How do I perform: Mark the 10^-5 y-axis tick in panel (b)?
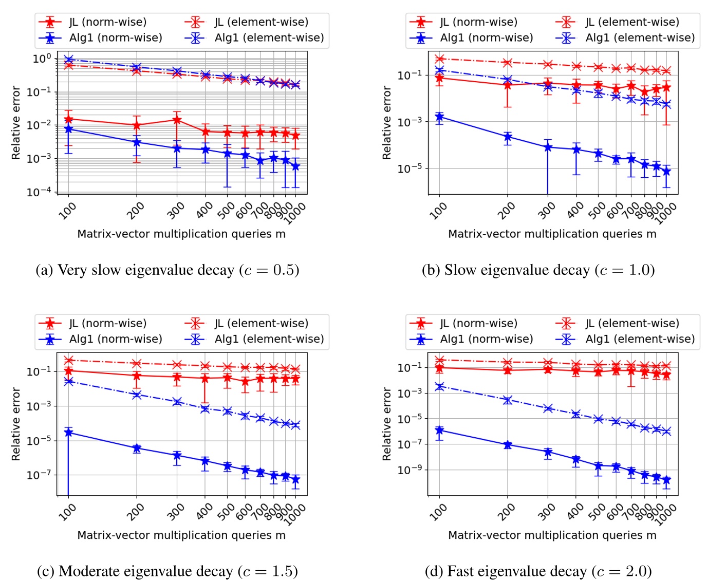tap(410, 169)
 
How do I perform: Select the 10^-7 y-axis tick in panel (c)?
tap(39, 475)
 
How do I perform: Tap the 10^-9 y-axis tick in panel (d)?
tap(410, 470)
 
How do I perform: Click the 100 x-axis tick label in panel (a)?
tap(67, 211)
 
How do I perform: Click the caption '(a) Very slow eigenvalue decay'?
tap(167, 270)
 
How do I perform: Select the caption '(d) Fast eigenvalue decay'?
tap(538, 571)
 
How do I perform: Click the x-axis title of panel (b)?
tap(552, 234)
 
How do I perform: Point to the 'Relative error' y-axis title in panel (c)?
tap(16, 424)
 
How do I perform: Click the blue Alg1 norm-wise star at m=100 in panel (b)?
tap(439, 117)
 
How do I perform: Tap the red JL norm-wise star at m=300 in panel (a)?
tap(177, 120)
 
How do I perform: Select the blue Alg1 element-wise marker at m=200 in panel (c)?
tap(137, 395)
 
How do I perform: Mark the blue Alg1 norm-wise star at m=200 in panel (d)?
tap(508, 445)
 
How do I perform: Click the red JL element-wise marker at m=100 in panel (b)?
tap(439, 59)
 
